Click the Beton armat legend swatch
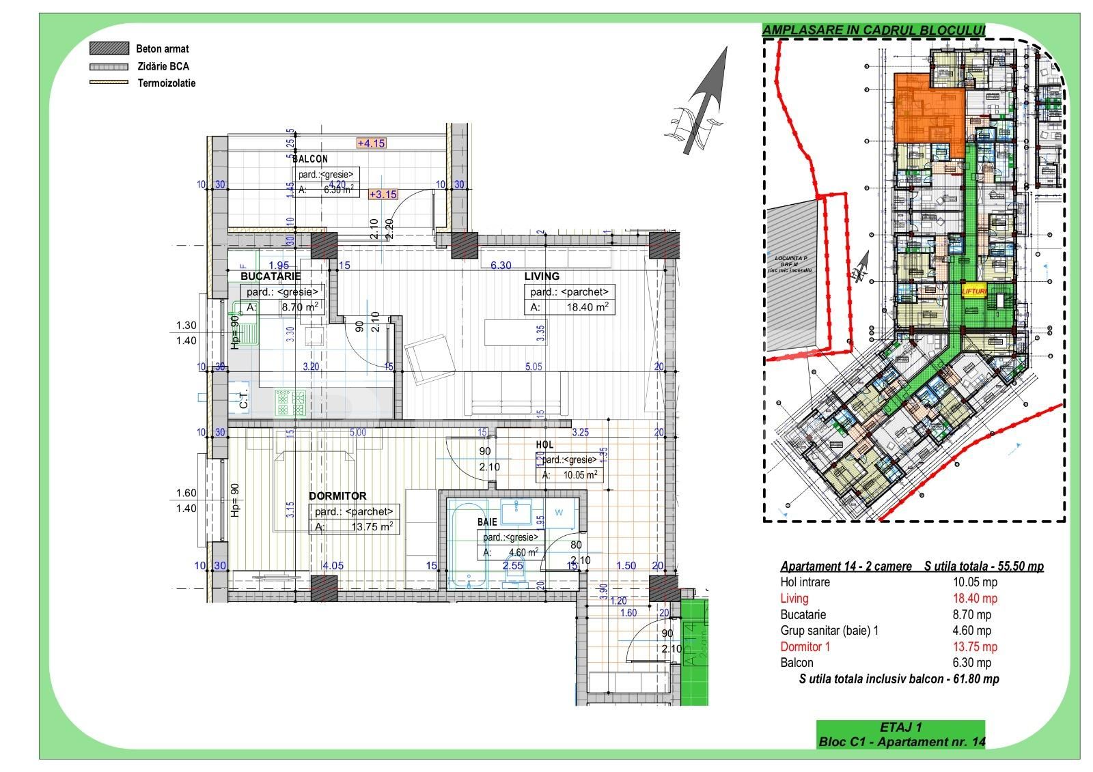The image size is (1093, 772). [109, 48]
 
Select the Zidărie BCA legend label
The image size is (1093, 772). [163, 66]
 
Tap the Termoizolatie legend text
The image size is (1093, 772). [166, 83]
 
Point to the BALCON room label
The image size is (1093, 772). [310, 159]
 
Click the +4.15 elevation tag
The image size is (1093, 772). [371, 143]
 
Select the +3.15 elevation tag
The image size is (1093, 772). [383, 194]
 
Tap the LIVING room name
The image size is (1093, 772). [542, 276]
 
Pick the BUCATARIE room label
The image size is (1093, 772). [271, 276]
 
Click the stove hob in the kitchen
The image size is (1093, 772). [290, 402]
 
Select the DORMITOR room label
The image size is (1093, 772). [337, 496]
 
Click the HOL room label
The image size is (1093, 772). [545, 444]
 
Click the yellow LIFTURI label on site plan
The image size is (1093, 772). [974, 291]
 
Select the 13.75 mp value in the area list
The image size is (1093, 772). [975, 646]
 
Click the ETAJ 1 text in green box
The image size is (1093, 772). [901, 728]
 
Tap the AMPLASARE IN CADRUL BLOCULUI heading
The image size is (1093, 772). [874, 30]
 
